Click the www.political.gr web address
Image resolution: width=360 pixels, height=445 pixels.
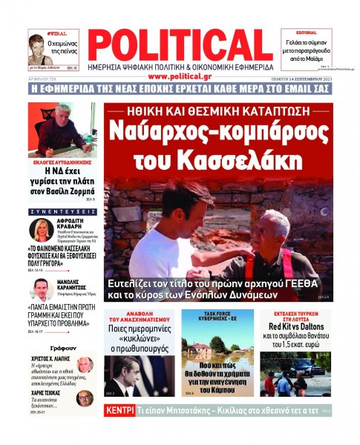click(180, 76)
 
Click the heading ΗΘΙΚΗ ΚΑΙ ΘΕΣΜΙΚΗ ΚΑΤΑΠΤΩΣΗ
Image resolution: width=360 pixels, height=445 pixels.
click(217, 111)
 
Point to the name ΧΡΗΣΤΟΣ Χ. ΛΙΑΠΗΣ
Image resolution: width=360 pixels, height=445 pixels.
click(50, 358)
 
